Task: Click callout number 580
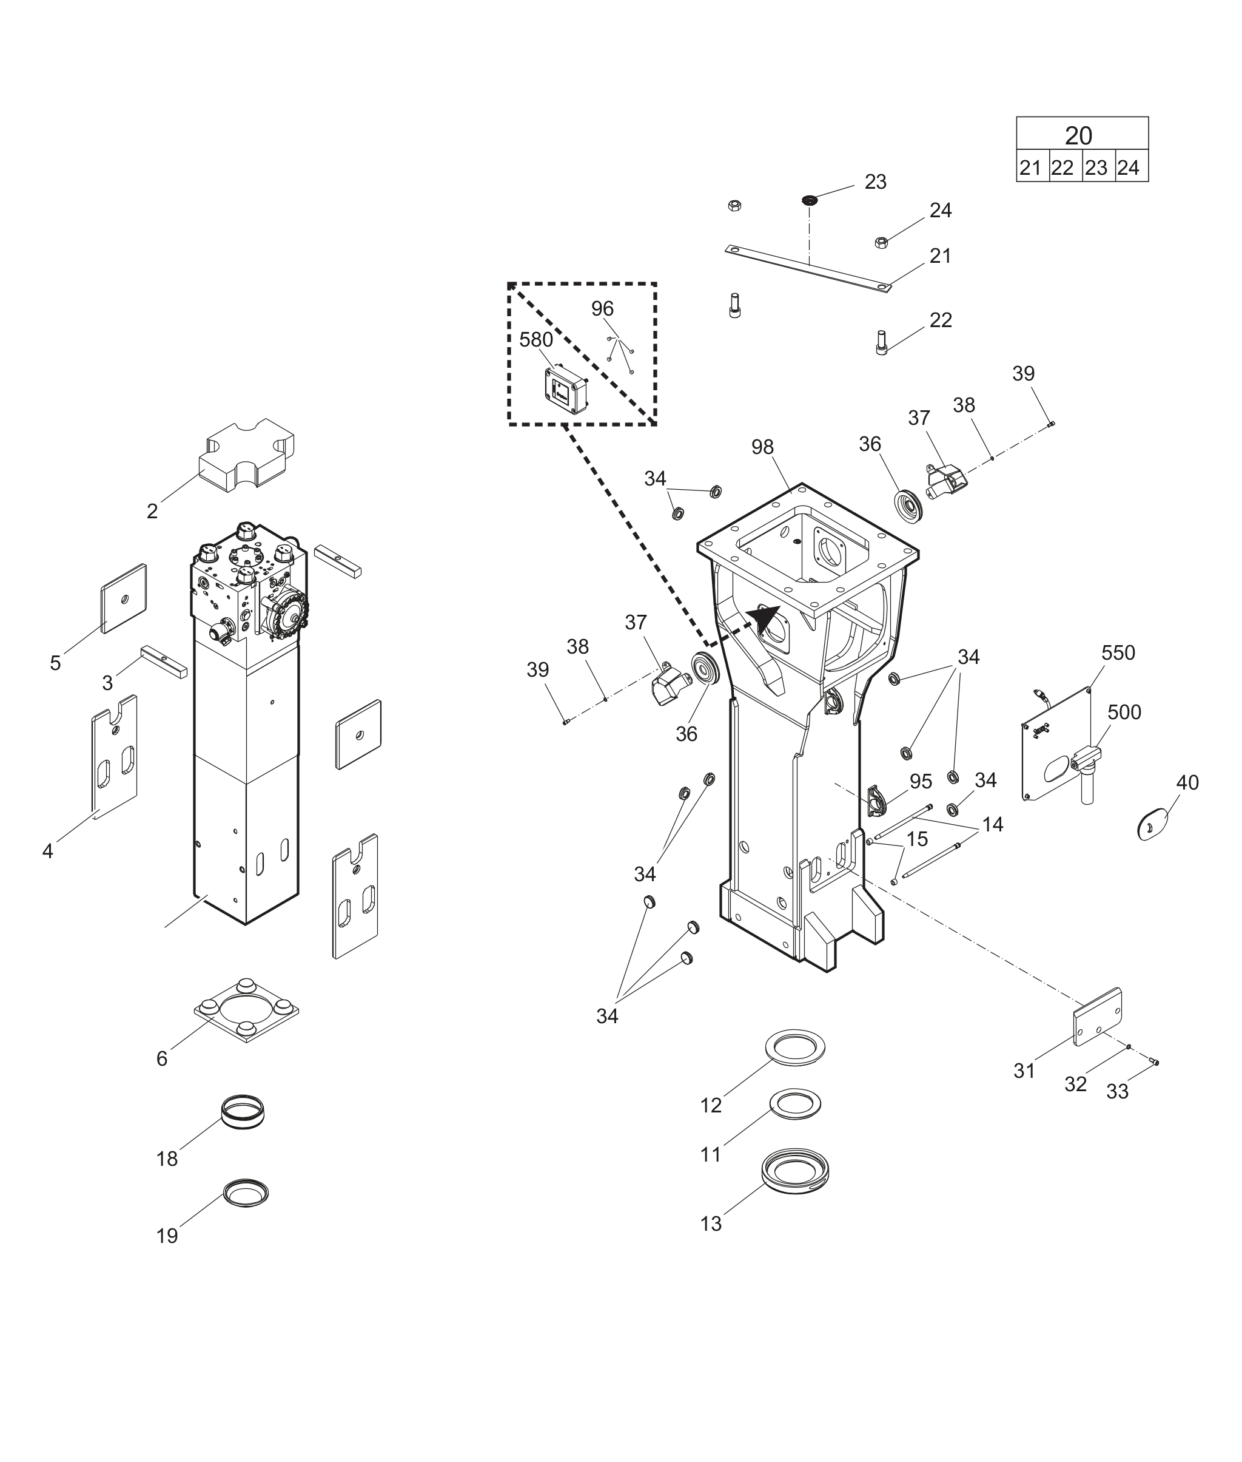coord(536,340)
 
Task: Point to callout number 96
coord(602,309)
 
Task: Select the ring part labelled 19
coord(246,1193)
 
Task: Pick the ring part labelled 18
coord(243,1112)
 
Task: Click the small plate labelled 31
coord(1097,1017)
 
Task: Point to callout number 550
coord(1118,653)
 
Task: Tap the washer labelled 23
coord(810,200)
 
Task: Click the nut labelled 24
coord(880,242)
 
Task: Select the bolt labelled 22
coord(881,344)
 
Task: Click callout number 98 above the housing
coord(762,447)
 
